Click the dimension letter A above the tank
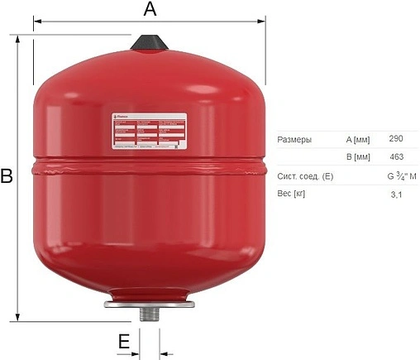150,9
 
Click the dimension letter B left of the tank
7,176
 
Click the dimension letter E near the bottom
124,341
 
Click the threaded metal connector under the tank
150,313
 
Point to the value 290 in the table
397,139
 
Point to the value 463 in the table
397,156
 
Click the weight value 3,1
397,194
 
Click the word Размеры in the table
295,139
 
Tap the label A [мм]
359,139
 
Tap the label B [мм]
359,156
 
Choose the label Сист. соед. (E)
305,175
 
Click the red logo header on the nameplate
126,118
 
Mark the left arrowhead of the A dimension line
36,22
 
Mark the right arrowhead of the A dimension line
263,22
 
